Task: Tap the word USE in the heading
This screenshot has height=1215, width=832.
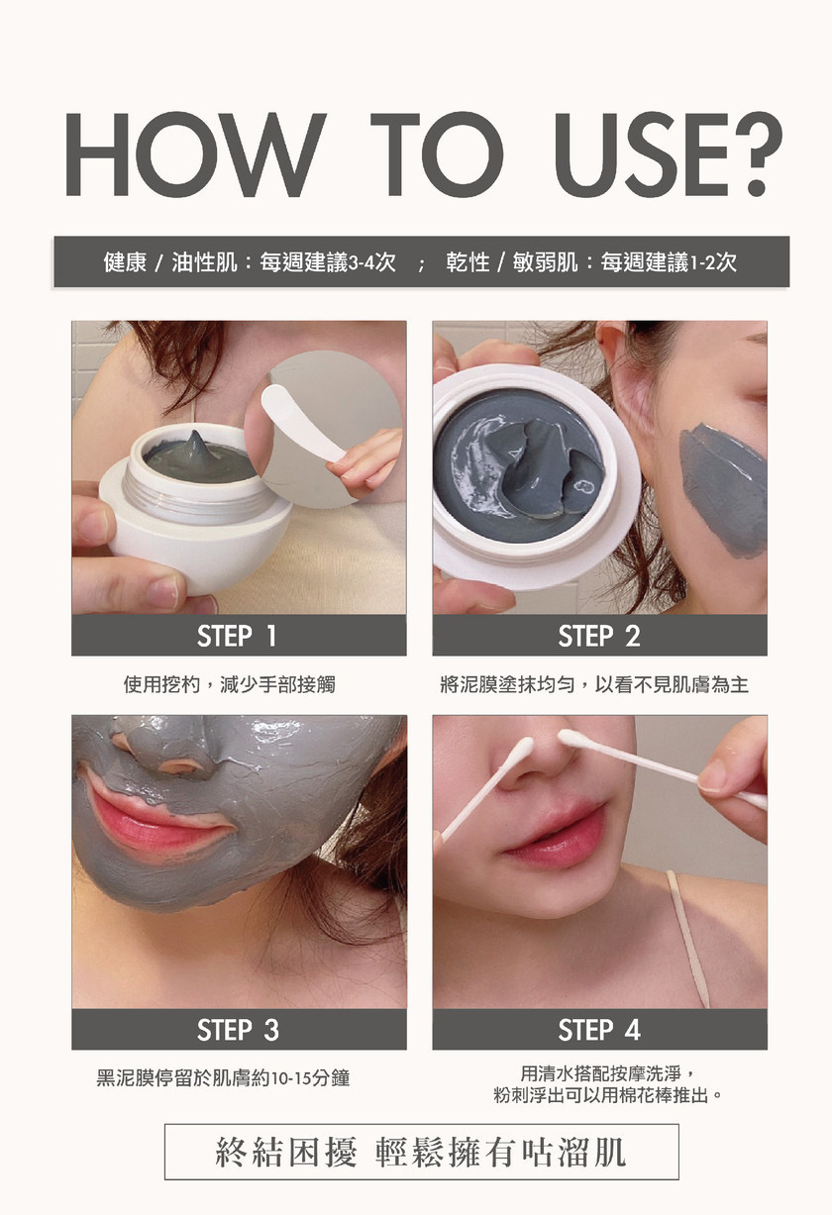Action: [x=641, y=154]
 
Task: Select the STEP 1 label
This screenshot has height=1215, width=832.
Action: [x=237, y=636]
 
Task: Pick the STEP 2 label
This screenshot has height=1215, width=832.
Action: [x=599, y=636]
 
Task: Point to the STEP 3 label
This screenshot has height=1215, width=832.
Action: [x=238, y=1030]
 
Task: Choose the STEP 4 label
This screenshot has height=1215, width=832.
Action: [x=599, y=1030]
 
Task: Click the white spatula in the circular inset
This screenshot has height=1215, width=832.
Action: [x=304, y=423]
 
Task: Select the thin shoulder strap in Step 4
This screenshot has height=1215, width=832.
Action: [x=688, y=940]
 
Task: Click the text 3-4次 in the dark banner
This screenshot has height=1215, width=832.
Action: [x=371, y=262]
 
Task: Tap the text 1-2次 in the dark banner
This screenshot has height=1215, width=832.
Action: [x=713, y=262]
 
